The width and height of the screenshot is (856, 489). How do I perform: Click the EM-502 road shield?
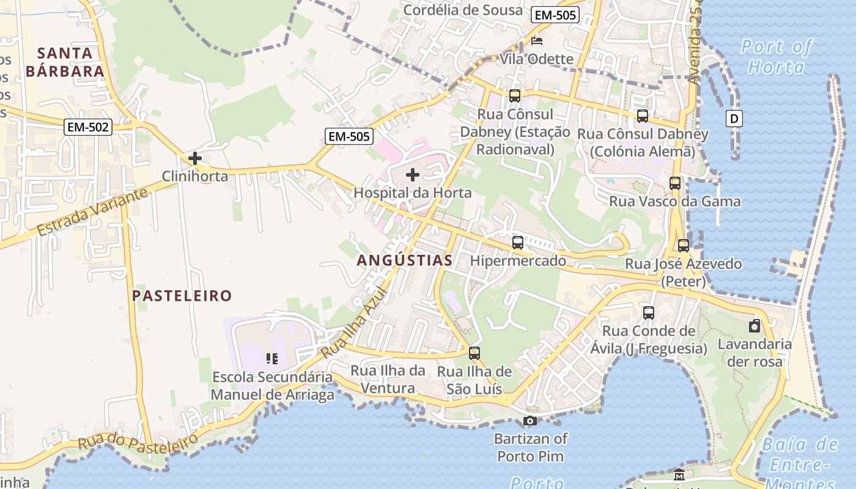[x=88, y=127]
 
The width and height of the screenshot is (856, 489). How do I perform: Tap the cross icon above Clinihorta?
[x=195, y=159]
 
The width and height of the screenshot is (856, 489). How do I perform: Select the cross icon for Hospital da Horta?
[x=413, y=175]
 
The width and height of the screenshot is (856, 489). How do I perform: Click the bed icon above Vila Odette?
[x=537, y=42]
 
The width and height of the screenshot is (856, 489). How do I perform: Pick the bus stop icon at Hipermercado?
[x=518, y=243]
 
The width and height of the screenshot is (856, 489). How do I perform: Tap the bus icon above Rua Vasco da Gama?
[x=675, y=183]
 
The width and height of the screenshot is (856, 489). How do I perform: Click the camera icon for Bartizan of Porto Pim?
[x=530, y=421]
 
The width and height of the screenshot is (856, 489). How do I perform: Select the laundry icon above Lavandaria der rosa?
[x=755, y=326]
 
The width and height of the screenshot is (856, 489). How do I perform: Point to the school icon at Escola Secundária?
[x=272, y=358]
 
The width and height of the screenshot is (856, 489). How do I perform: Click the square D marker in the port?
[x=734, y=119]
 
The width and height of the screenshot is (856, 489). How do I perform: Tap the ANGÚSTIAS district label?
[x=405, y=260]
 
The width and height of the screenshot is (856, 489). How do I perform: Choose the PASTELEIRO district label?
[x=182, y=296]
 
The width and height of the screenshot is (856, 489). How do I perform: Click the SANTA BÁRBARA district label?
[x=65, y=62]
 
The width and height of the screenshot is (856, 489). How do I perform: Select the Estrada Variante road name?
[x=92, y=212]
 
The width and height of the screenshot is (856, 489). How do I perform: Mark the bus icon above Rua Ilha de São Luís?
[x=474, y=353]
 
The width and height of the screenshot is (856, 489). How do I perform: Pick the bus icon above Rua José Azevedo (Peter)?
[x=684, y=246]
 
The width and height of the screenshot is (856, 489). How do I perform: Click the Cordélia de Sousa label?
[x=463, y=10]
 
